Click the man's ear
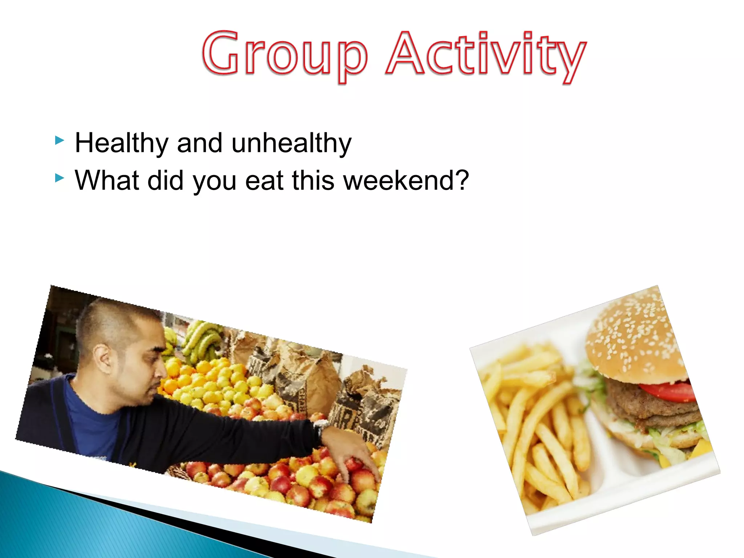click(102, 358)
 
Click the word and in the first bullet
click(199, 143)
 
